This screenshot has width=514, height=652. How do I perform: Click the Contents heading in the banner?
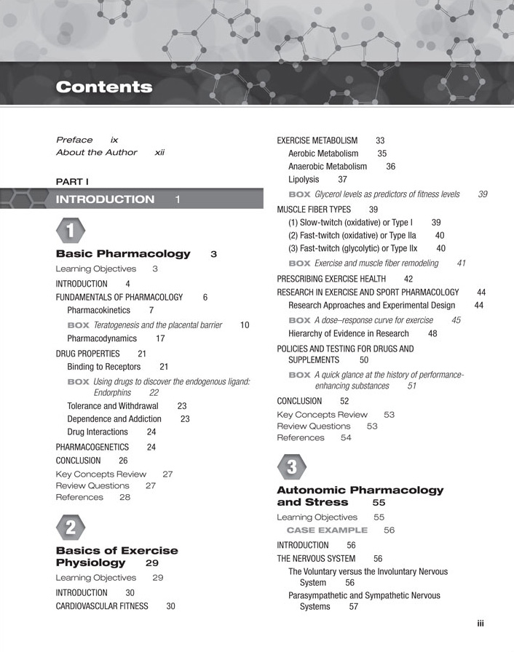coord(104,88)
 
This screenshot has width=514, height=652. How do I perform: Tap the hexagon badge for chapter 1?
coord(70,232)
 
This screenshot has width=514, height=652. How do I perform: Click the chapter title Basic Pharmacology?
coord(122,254)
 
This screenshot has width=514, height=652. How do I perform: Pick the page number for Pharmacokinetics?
coord(151,311)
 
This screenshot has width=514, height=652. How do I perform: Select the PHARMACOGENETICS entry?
coord(92,447)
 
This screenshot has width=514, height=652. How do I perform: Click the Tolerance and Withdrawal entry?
coord(112,405)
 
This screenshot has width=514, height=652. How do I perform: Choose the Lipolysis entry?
coord(304,179)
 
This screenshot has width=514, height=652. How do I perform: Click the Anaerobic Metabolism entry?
coord(328,167)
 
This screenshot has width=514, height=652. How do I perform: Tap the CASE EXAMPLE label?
coord(327,530)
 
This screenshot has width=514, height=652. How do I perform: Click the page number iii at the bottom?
coord(481,624)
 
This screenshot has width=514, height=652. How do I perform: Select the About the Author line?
coord(96,153)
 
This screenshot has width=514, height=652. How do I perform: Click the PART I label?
coord(72,180)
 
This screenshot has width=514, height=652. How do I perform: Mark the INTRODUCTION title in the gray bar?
coord(105,199)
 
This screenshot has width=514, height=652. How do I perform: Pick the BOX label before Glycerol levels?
coord(299,195)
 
